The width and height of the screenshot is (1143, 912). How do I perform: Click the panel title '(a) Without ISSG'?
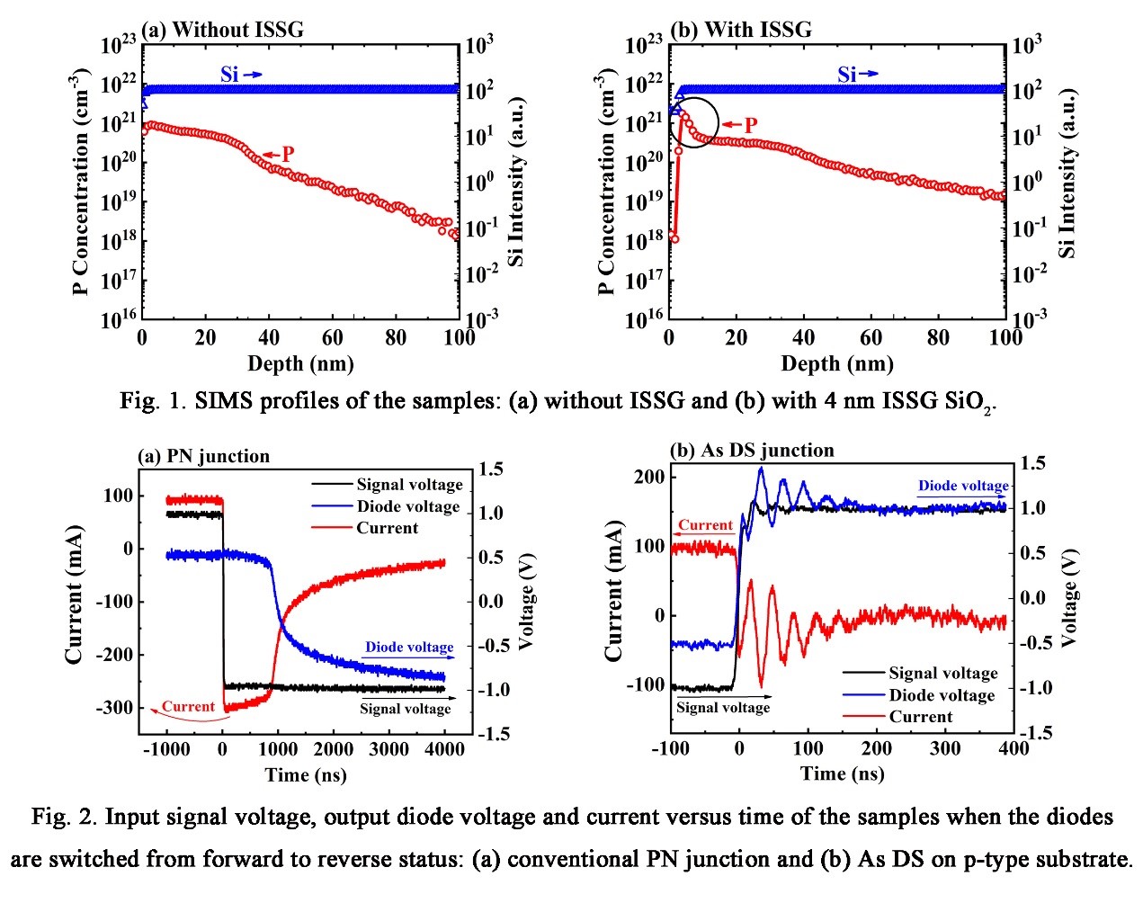click(223, 30)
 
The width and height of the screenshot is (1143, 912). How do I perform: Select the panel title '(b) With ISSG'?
click(741, 30)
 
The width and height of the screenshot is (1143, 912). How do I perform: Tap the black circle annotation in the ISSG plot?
click(693, 122)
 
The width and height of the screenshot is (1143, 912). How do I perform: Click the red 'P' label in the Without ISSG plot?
click(287, 154)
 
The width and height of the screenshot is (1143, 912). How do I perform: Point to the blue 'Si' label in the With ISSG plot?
click(846, 75)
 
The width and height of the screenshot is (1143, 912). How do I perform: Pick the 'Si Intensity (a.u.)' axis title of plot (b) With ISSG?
click(1067, 174)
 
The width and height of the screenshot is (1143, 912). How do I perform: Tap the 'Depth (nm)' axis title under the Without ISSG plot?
click(300, 364)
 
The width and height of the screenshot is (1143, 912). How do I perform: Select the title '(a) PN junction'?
click(203, 456)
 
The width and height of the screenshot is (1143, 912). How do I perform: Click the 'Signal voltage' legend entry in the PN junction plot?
click(409, 485)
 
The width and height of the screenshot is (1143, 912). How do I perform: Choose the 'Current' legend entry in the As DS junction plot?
click(920, 717)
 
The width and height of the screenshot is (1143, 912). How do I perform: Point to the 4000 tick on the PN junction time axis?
click(444, 750)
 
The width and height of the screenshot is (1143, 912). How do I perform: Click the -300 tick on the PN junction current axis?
click(113, 708)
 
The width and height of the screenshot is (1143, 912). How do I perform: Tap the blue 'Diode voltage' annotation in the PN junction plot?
click(409, 647)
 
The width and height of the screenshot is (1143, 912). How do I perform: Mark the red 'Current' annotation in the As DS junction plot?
click(705, 525)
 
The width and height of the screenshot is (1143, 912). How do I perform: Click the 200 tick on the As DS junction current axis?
click(649, 477)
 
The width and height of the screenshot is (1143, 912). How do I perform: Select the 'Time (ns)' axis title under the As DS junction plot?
click(842, 773)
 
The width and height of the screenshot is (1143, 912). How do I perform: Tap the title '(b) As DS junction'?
click(752, 450)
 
